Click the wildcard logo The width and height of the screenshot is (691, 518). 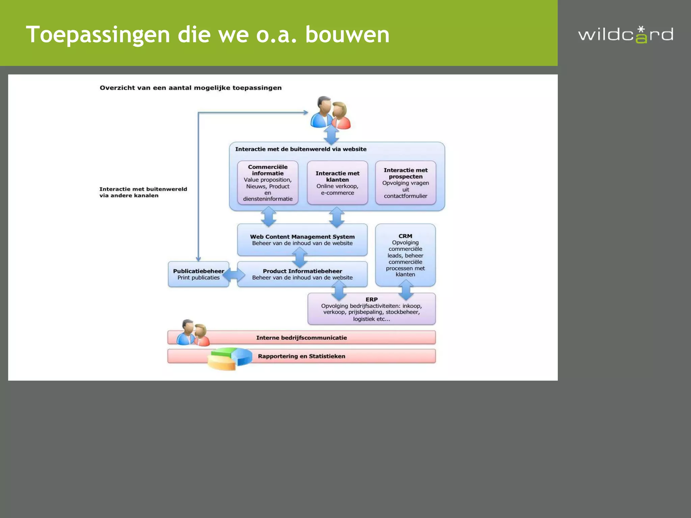coord(626,35)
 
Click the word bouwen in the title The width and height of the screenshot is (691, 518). coord(347,35)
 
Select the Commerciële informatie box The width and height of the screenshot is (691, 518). coord(268,182)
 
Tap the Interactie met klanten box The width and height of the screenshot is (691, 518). coord(337,182)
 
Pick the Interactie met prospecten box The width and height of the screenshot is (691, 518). coord(405,182)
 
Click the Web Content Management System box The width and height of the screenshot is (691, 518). coord(302,239)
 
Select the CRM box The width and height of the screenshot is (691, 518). coord(405,255)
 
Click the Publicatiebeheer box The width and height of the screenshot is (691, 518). coord(198,274)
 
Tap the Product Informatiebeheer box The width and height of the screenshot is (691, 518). coord(302,274)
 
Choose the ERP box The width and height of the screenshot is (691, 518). coord(371,309)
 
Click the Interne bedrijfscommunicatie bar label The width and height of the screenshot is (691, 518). coord(301,338)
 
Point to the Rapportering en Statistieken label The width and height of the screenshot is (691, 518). coord(301,356)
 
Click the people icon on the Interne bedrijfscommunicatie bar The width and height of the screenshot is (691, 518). coord(193,333)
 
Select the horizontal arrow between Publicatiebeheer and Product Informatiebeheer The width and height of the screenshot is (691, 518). coord(233,275)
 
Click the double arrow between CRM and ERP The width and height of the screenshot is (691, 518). coord(406,290)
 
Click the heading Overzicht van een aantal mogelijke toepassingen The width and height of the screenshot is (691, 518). coord(190,88)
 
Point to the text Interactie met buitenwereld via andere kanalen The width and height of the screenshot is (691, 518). coord(143,192)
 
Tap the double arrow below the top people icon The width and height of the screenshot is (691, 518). coord(331,136)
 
